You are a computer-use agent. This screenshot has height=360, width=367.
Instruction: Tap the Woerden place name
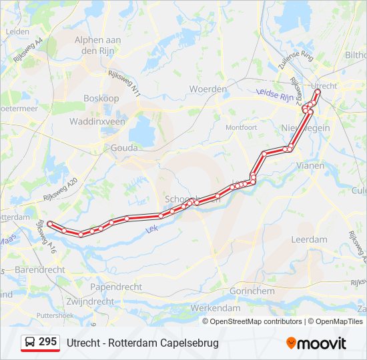(204, 89)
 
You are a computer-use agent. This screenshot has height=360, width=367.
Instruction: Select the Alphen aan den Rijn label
(97, 45)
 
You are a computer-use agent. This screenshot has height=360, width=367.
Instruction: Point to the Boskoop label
(101, 98)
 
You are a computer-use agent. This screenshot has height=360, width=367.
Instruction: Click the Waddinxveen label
(97, 121)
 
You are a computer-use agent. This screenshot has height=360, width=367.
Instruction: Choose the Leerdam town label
(309, 239)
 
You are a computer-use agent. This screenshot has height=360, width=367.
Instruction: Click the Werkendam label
(215, 308)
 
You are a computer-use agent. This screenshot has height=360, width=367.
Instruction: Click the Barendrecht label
(39, 270)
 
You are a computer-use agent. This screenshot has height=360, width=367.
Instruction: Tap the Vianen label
(310, 165)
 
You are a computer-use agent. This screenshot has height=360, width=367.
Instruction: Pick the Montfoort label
(241, 127)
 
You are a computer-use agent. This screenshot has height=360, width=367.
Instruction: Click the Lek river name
(151, 228)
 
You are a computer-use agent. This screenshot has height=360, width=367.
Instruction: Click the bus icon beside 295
(30, 343)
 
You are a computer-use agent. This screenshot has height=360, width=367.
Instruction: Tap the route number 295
(47, 342)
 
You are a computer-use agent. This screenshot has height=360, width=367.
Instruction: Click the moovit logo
(316, 343)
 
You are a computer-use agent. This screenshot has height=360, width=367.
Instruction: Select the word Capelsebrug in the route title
(192, 343)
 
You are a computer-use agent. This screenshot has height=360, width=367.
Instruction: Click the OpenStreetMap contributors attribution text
(256, 321)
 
